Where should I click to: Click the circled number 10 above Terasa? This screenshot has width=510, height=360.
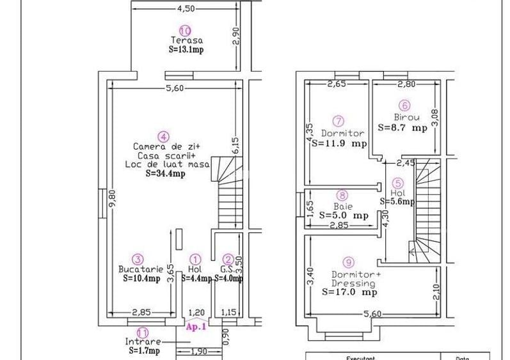(x=185, y=30)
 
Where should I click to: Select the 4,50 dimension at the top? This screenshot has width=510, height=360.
(x=186, y=8)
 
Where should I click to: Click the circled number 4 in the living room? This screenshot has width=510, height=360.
(x=164, y=136)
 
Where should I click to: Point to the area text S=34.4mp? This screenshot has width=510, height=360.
(x=165, y=173)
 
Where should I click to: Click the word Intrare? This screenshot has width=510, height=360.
(x=143, y=341)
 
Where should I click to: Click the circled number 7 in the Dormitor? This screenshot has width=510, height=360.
(x=339, y=120)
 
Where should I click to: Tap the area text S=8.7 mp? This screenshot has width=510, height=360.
(x=402, y=127)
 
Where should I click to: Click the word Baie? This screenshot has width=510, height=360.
(x=342, y=206)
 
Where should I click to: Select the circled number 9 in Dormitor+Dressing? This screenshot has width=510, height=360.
(x=348, y=262)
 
